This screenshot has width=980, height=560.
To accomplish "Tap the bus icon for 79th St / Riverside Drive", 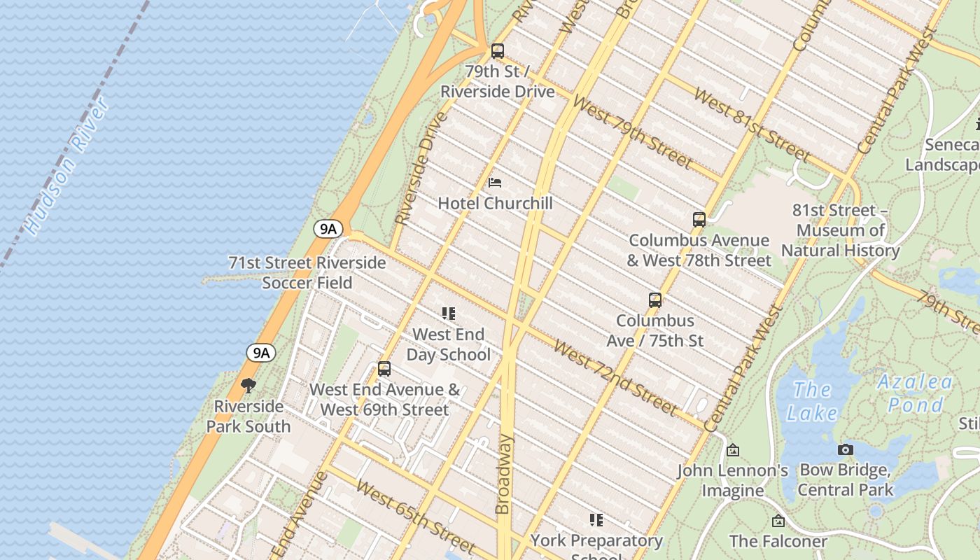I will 498,51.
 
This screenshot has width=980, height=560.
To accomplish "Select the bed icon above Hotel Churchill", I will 495,183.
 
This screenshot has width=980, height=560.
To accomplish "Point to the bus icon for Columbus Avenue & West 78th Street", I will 699,220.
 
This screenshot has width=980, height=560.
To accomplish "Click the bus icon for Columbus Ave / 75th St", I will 655,300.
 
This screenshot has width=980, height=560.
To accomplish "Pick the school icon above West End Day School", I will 449,314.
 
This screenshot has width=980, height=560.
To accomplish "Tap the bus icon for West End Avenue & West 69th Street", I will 384,369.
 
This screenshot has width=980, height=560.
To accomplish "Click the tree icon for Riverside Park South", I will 248,386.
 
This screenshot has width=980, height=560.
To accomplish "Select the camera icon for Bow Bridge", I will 846,449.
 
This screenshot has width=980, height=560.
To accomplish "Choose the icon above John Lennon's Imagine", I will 733,450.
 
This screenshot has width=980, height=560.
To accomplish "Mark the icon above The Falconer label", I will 778,521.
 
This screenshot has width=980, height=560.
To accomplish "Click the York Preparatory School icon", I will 596,519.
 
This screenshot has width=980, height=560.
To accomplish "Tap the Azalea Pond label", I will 915,393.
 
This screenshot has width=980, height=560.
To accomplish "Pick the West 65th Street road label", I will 416,517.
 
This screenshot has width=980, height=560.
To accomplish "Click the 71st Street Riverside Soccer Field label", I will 307,273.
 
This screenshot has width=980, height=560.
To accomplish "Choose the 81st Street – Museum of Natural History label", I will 840,230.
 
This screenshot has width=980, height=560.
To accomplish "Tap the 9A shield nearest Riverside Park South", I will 261,353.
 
